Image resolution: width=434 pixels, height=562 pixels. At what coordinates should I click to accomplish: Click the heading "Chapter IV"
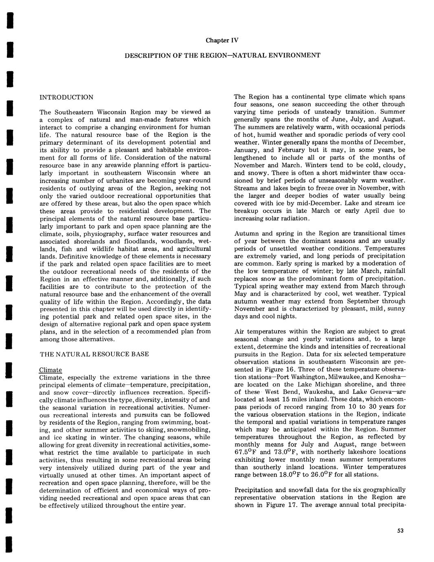coord(222,40)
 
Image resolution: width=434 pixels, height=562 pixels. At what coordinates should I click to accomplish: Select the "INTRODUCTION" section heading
coord(66,97)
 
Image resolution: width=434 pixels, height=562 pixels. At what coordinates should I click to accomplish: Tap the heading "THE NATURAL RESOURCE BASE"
coord(94,354)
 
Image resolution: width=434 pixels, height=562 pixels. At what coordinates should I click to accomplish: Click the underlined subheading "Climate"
coord(50,370)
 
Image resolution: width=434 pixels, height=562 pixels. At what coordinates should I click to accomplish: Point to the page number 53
coord(400,530)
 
